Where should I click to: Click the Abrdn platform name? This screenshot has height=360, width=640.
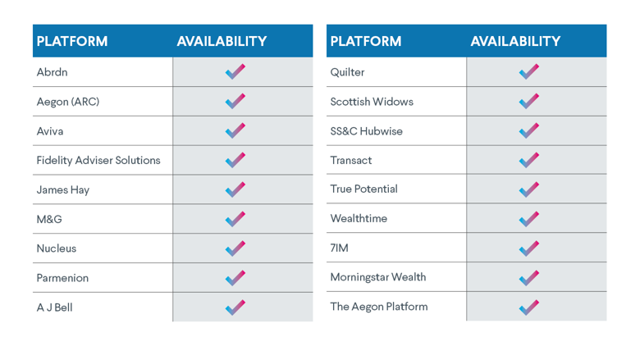(52, 72)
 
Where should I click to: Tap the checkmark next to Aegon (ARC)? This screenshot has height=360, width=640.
(235, 102)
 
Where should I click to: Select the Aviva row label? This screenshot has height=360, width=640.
(49, 131)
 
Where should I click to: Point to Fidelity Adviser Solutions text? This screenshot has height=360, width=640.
(98, 160)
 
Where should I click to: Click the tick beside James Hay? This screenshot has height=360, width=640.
(235, 189)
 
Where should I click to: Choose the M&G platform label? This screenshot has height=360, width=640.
(49, 219)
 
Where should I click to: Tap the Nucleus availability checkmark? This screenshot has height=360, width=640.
(235, 248)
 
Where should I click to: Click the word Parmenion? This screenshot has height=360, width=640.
(62, 278)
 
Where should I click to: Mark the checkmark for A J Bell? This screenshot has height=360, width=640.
(235, 308)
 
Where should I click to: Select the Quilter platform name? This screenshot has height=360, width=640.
(347, 72)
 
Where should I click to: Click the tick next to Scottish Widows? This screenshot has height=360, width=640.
(528, 102)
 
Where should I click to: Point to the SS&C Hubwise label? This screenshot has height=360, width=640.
(366, 131)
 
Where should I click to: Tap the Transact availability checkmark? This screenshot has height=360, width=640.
(528, 160)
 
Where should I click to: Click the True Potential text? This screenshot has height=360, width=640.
(363, 189)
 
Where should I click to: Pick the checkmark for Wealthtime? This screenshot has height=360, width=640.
(528, 219)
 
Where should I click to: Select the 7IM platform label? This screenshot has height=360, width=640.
(339, 248)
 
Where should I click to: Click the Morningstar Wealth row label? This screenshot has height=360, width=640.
(377, 277)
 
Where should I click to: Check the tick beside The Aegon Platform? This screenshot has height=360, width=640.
(528, 308)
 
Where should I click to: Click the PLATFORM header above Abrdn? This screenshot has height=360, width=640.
(72, 41)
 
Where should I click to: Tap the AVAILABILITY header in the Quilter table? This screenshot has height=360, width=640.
(515, 41)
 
